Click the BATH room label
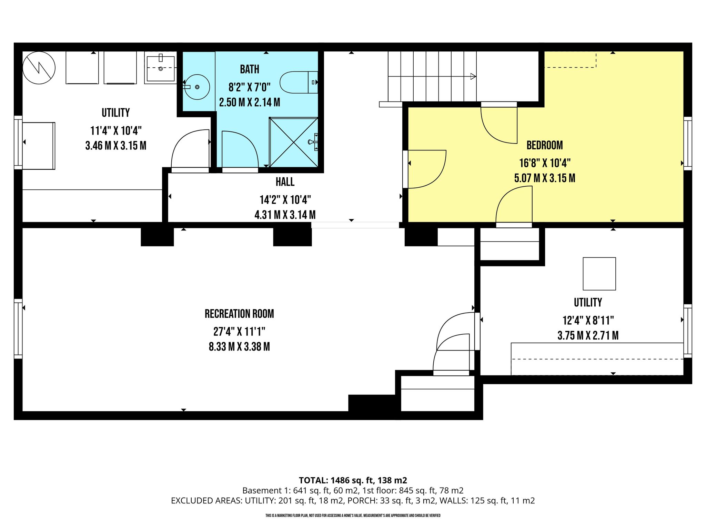pyautogui.click(x=250, y=69)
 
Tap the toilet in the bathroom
pyautogui.click(x=299, y=82)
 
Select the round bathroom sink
pyautogui.click(x=197, y=87)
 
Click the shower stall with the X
pyautogui.click(x=294, y=142)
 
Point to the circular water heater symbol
pyautogui.click(x=39, y=68)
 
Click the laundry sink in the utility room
pyautogui.click(x=161, y=68)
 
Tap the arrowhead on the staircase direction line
pyautogui.click(x=473, y=76)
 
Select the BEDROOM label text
pyautogui.click(x=545, y=145)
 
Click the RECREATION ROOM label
pyautogui.click(x=239, y=314)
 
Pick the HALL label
pyautogui.click(x=285, y=182)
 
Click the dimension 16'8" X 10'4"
pyautogui.click(x=545, y=163)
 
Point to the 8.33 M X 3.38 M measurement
pyautogui.click(x=239, y=346)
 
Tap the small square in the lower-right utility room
pyautogui.click(x=599, y=274)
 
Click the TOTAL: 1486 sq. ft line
pyautogui.click(x=353, y=480)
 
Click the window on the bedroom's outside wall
pyautogui.click(x=688, y=144)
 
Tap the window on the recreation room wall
pyautogui.click(x=18, y=329)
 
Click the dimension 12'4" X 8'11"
pyautogui.click(x=588, y=321)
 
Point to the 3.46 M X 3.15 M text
pyautogui.click(x=116, y=146)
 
